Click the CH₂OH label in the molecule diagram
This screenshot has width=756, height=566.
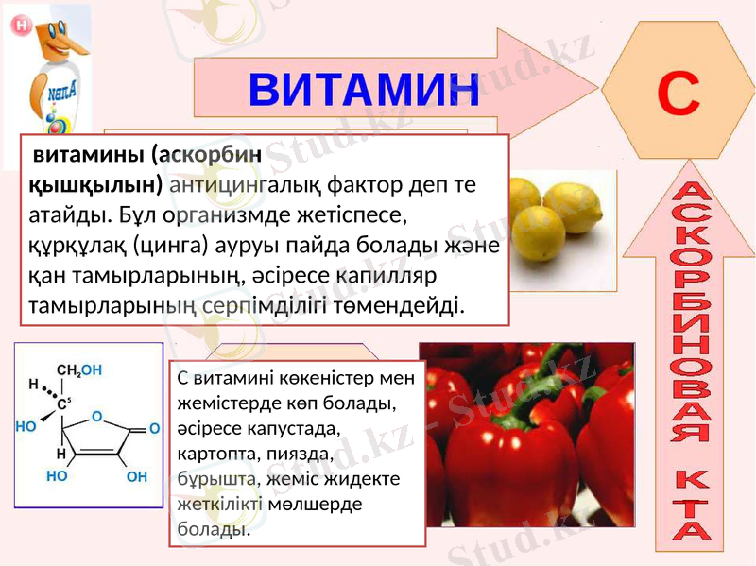(79, 369)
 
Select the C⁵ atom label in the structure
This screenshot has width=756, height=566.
(64, 403)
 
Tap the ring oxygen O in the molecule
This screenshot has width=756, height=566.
(96, 416)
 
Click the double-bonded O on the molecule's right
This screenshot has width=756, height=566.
(153, 428)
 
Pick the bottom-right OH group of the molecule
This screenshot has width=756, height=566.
(137, 476)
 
